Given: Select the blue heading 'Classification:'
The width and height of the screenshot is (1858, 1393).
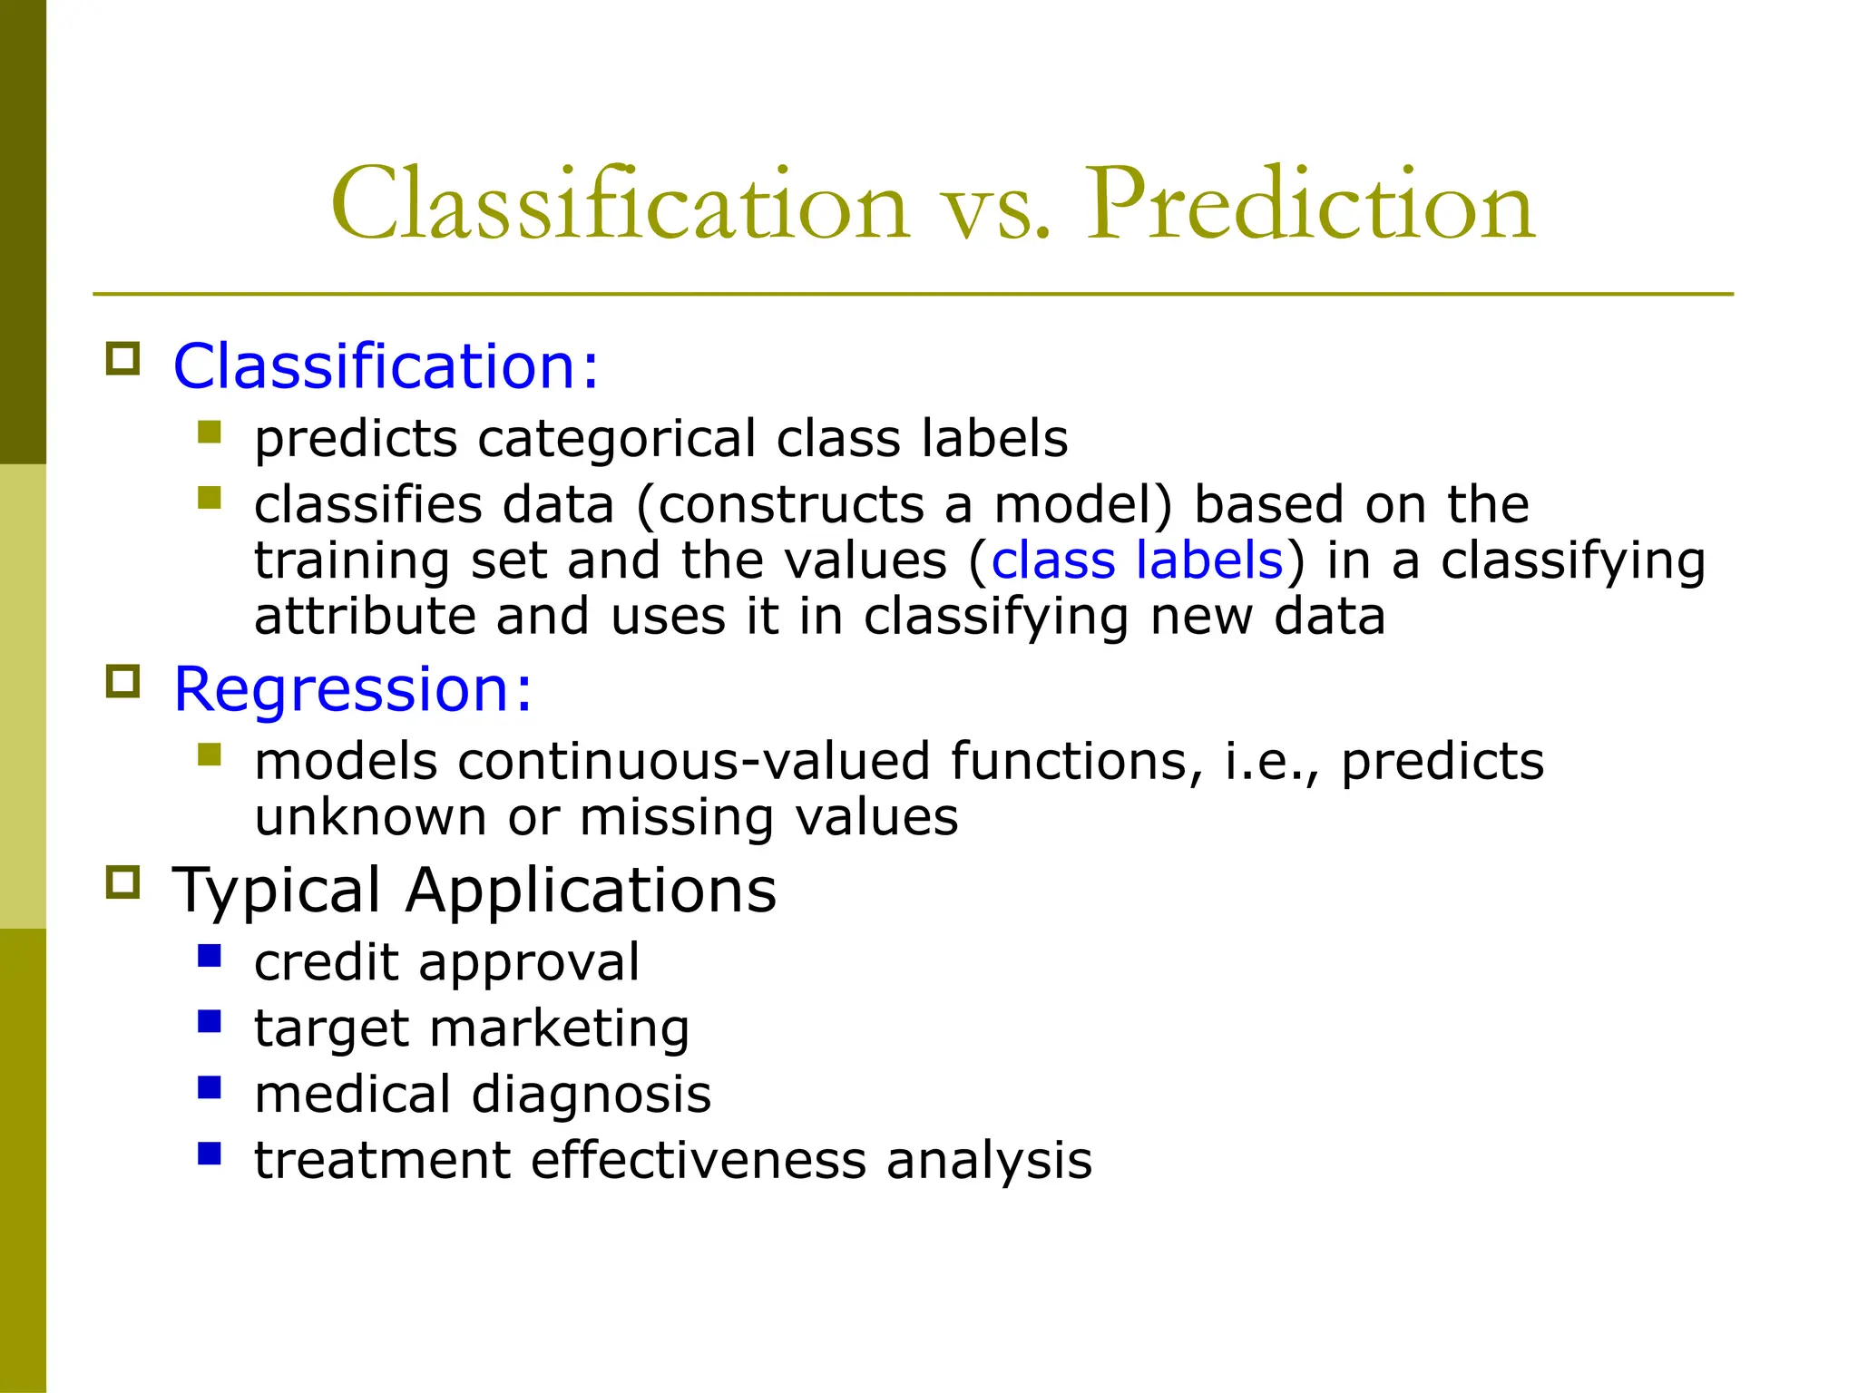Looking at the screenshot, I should pos(386,366).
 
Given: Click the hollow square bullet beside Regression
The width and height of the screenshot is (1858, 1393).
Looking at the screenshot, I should pos(123,682).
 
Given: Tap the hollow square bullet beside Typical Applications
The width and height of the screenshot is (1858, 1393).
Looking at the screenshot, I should pos(123,882).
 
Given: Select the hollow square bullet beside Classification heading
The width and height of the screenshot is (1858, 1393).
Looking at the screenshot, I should pos(123,359).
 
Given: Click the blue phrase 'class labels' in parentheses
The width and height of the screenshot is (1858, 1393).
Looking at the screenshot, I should pos(1137,560).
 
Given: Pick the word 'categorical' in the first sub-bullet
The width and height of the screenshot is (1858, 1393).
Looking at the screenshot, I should pos(616,440).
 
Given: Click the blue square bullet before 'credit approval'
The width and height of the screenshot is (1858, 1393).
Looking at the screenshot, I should pos(210,956).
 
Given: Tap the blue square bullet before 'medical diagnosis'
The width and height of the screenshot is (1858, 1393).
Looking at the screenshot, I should pos(210,1087).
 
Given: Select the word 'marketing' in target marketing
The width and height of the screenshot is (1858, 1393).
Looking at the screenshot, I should pos(559,1029).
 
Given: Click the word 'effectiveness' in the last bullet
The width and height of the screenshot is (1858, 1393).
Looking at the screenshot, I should pos(698,1161).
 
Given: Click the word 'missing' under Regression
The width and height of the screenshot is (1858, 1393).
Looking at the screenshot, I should pos(677,817).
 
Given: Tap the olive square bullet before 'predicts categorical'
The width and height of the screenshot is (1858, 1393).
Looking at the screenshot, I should pos(210,432).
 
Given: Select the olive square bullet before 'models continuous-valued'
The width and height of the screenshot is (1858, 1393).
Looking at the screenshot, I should pos(210,755).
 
